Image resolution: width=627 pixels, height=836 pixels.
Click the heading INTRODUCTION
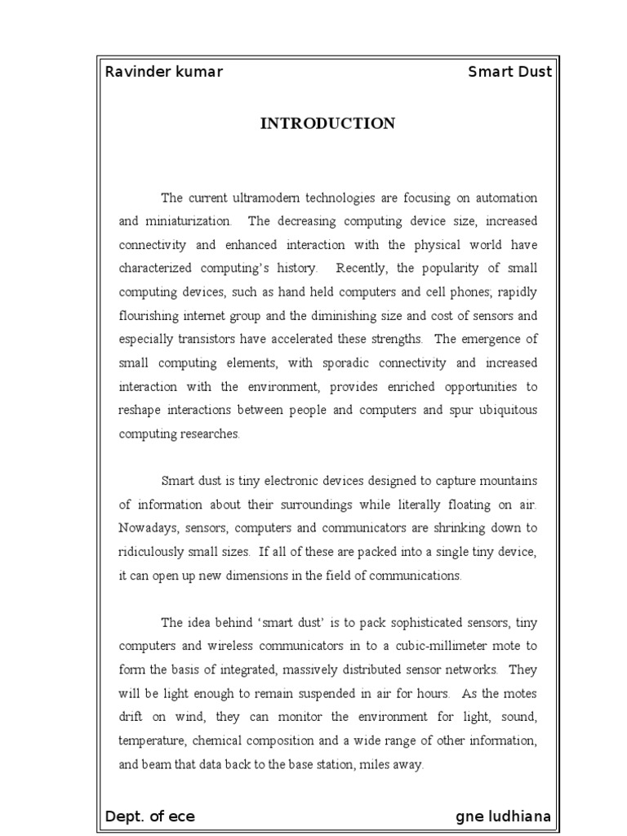pyautogui.click(x=327, y=123)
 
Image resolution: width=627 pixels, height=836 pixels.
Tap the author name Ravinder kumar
pyautogui.click(x=164, y=72)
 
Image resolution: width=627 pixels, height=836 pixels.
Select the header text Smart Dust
pyautogui.click(x=509, y=72)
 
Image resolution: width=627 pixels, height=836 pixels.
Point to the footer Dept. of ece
pyautogui.click(x=150, y=816)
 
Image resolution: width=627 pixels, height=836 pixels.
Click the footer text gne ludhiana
pyautogui.click(x=503, y=816)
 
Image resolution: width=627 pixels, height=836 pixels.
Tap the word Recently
pyautogui.click(x=366, y=269)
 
